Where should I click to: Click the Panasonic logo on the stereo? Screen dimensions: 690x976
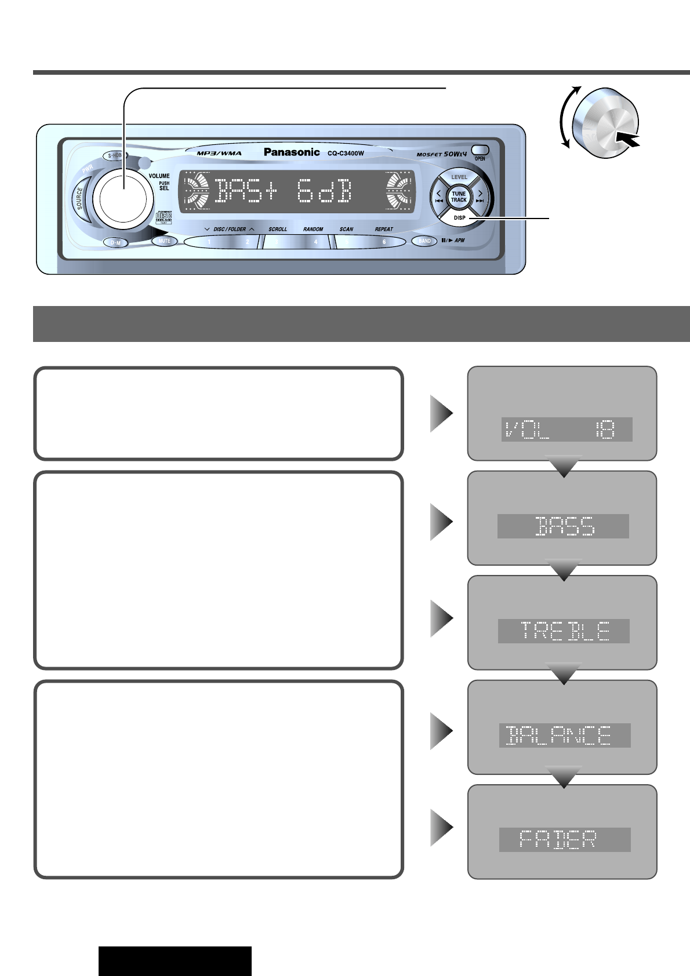pyautogui.click(x=292, y=152)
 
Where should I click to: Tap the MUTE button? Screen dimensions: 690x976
pyautogui.click(x=165, y=241)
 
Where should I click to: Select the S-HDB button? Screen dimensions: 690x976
pyautogui.click(x=115, y=155)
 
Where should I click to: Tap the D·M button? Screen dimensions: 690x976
pyautogui.click(x=115, y=243)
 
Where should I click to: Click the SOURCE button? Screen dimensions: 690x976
pyautogui.click(x=80, y=199)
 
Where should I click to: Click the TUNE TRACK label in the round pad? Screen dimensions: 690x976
pyautogui.click(x=459, y=196)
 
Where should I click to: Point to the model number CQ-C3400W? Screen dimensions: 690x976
pyautogui.click(x=346, y=153)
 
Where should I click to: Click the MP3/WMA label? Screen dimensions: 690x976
pyautogui.click(x=219, y=153)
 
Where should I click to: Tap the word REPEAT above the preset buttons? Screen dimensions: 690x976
pyautogui.click(x=384, y=229)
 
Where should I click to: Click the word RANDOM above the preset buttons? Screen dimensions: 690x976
pyautogui.click(x=313, y=229)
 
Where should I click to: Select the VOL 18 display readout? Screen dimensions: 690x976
pyautogui.click(x=566, y=429)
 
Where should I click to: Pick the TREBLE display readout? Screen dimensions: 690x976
pyautogui.click(x=564, y=631)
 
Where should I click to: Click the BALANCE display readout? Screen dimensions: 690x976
pyautogui.click(x=565, y=735)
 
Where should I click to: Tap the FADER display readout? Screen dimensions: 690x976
pyautogui.click(x=565, y=839)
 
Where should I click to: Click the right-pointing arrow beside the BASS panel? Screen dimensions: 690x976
pyautogui.click(x=441, y=522)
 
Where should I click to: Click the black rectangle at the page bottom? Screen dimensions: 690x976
pyautogui.click(x=175, y=961)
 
